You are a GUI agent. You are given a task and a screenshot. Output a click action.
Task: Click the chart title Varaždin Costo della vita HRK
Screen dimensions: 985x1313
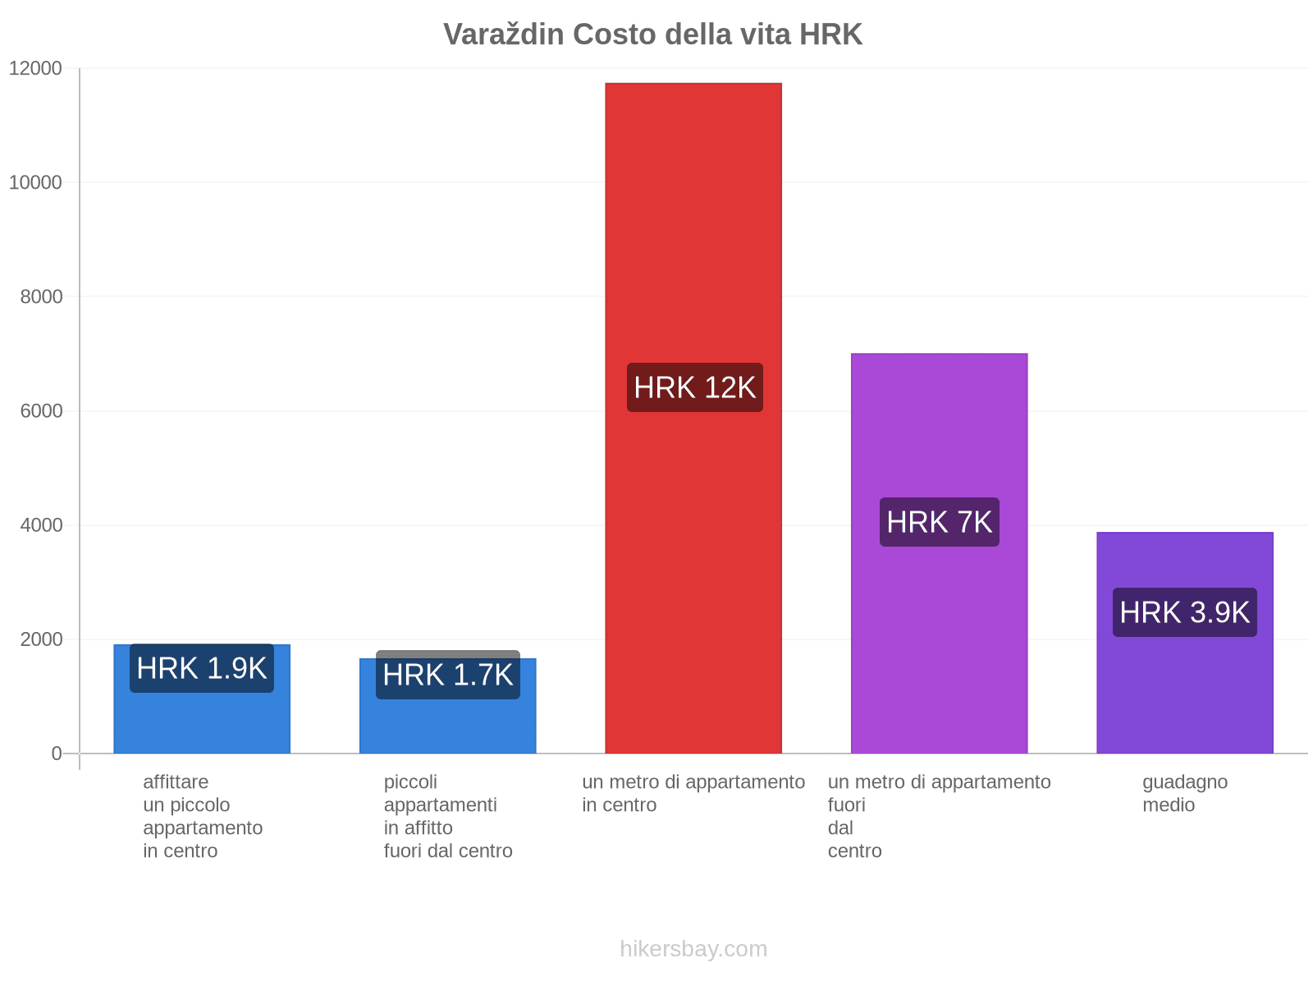click(652, 34)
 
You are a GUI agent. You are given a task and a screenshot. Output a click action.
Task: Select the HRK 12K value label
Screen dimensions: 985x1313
click(694, 387)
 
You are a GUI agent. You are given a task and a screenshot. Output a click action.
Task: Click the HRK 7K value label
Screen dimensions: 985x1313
click(939, 522)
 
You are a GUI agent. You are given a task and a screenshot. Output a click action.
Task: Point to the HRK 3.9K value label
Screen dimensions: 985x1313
click(1184, 612)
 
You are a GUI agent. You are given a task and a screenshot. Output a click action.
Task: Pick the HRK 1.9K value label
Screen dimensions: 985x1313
click(202, 668)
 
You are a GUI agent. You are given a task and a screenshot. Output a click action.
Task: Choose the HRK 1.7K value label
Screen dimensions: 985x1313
click(448, 676)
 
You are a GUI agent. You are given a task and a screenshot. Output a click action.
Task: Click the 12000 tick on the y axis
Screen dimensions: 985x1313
click(36, 68)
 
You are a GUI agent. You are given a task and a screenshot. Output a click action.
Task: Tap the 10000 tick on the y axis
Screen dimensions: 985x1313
click(36, 182)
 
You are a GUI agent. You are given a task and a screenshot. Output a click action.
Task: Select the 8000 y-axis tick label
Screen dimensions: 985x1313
click(42, 296)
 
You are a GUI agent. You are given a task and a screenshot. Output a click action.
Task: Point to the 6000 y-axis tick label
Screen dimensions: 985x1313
click(42, 410)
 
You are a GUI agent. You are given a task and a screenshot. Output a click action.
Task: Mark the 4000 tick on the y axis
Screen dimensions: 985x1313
click(42, 525)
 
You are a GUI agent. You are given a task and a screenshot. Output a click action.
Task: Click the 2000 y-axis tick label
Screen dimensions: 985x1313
click(42, 639)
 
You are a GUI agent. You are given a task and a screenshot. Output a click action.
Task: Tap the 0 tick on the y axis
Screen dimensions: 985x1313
click(57, 753)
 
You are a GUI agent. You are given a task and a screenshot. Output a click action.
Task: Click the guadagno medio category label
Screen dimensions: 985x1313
click(1184, 793)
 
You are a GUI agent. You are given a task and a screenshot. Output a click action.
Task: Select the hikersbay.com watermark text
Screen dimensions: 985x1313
click(693, 949)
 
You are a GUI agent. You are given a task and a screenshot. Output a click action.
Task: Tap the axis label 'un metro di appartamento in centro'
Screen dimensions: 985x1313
click(693, 793)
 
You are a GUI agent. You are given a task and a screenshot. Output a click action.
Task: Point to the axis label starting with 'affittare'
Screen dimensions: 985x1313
click(202, 816)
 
